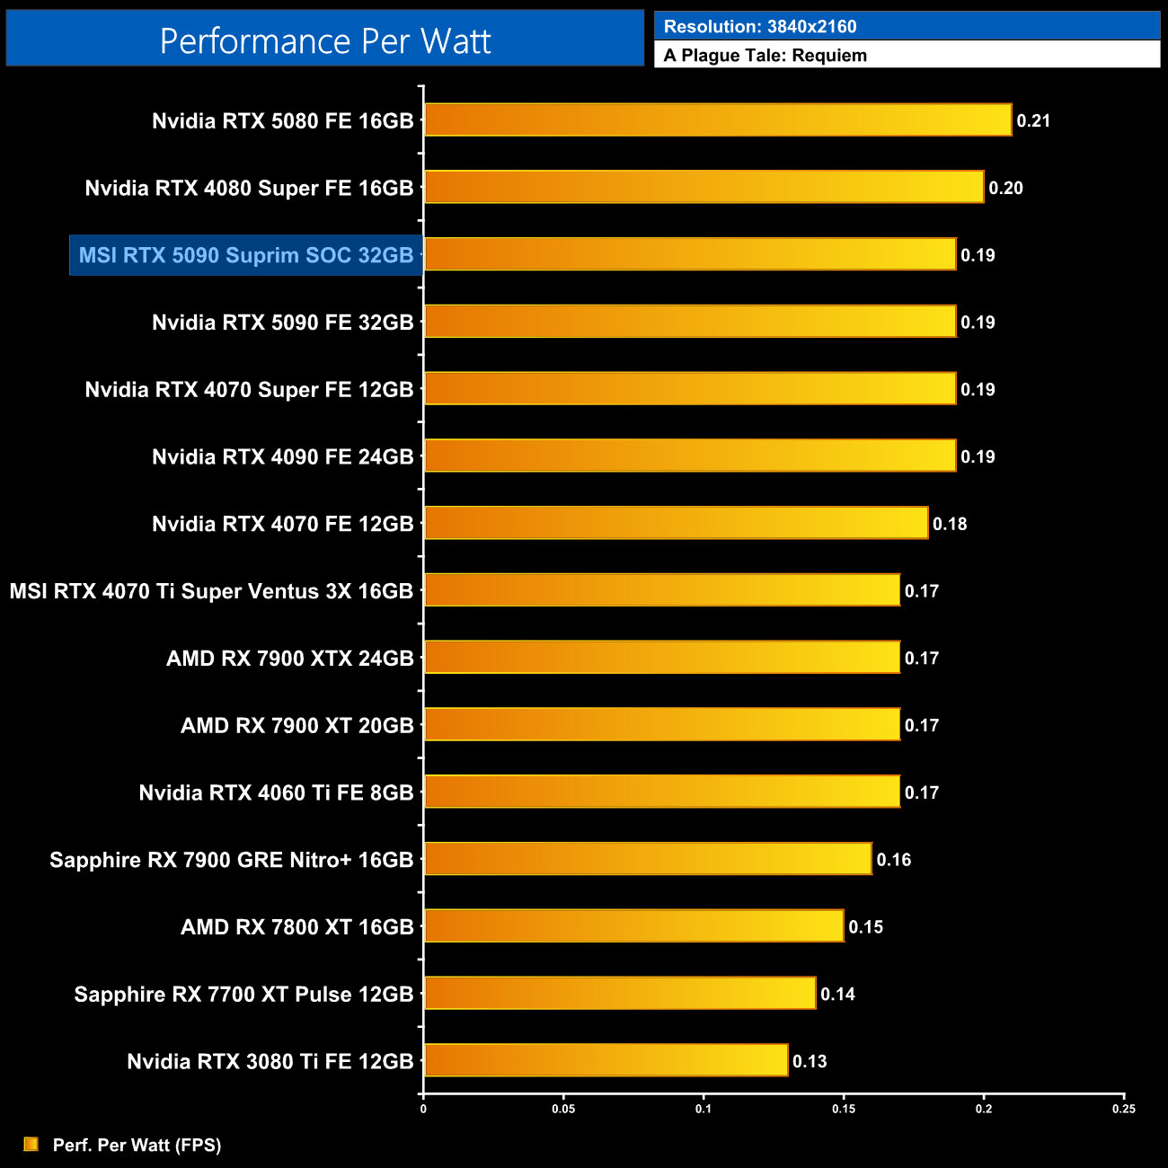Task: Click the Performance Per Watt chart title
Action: coord(325,40)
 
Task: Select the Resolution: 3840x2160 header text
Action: coord(759,27)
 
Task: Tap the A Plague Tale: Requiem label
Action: coord(765,56)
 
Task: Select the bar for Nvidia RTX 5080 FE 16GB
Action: coord(717,120)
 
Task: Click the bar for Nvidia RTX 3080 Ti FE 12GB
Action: coord(606,1060)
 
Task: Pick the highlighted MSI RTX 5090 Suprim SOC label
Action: coord(245,255)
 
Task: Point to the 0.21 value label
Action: coord(1033,121)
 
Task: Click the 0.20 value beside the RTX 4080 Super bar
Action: coord(1005,188)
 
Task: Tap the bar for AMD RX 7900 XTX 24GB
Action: coord(661,658)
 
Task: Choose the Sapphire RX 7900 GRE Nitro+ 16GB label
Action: coord(231,860)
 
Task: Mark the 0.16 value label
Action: coord(893,860)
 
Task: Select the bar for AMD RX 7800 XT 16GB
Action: coord(633,926)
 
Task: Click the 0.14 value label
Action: coord(837,994)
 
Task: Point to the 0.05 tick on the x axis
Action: coord(563,1109)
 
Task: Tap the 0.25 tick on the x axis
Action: coord(1123,1109)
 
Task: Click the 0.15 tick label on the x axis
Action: coord(844,1109)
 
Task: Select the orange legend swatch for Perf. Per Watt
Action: coord(31,1144)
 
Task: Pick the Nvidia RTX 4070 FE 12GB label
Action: coord(282,524)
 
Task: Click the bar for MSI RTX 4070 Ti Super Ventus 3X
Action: coord(661,590)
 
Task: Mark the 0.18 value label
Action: coord(950,524)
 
